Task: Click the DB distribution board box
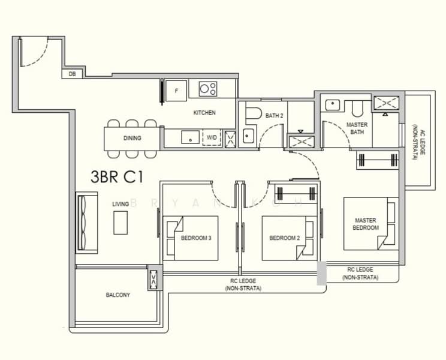point(73,74)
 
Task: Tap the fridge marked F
point(176,91)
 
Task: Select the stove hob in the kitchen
point(208,89)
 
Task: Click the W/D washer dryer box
point(212,138)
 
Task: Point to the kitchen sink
point(190,137)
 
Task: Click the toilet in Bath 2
point(254,113)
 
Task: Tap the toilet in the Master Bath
point(357,109)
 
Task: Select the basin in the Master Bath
point(332,105)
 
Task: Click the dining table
point(132,139)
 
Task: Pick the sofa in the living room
point(87,223)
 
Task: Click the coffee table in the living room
point(120,223)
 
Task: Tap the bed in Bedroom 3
point(191,238)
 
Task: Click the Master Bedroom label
point(366,224)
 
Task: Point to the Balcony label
point(117,295)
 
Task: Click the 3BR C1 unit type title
point(117,177)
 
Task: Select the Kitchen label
point(204,113)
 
